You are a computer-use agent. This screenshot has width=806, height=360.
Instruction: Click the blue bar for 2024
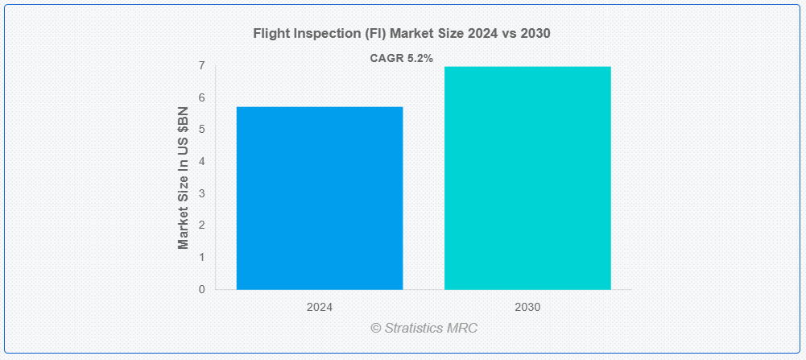point(319,198)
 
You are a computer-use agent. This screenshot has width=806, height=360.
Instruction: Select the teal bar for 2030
point(527,178)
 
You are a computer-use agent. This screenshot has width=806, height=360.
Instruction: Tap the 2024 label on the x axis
point(319,308)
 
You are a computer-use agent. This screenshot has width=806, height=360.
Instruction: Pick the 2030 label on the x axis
point(527,308)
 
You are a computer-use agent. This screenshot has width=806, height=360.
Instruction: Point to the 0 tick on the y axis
point(202,290)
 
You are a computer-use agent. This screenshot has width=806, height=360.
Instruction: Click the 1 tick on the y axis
point(202,257)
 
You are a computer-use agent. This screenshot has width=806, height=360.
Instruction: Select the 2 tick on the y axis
point(202,226)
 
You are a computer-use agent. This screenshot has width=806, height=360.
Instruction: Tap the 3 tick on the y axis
point(202,193)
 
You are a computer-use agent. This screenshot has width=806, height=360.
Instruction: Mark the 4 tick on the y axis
point(202,162)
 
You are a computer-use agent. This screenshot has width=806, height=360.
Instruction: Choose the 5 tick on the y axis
point(202,130)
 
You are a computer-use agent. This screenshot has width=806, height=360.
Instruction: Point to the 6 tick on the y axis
point(202,97)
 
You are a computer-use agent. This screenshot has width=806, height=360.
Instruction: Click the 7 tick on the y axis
point(202,66)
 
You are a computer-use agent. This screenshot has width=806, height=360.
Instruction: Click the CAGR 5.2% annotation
point(402,59)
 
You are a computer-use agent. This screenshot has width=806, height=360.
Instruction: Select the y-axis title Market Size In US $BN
point(184,178)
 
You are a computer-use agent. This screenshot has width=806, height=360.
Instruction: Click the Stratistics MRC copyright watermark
point(424,328)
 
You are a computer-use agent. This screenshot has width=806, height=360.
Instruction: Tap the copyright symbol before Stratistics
point(376,328)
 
